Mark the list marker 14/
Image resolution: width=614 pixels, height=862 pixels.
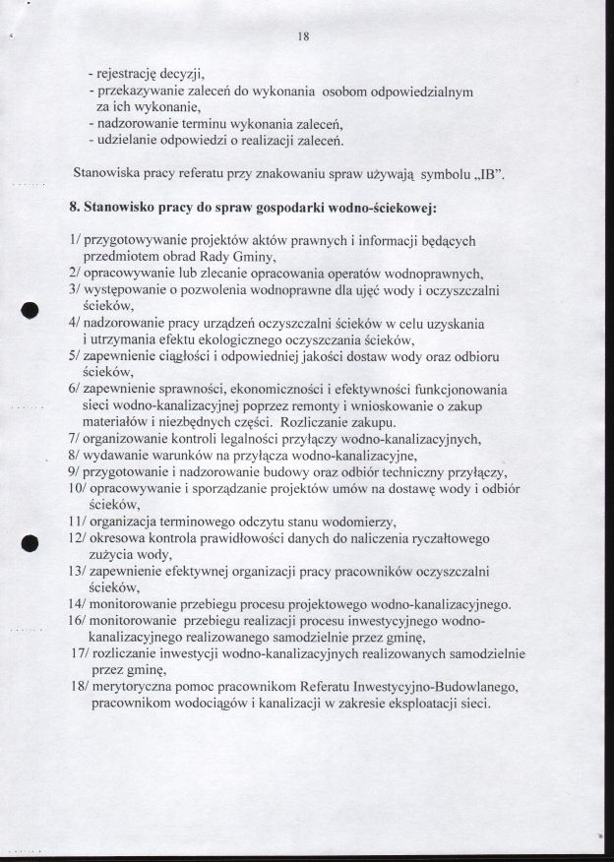pyautogui.click(x=78, y=604)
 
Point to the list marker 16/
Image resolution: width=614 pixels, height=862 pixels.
pyautogui.click(x=78, y=621)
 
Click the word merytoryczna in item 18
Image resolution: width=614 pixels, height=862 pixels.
pyautogui.click(x=137, y=687)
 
